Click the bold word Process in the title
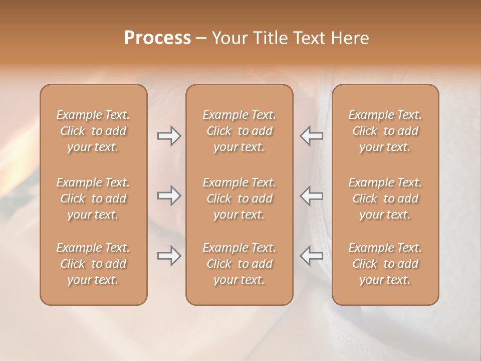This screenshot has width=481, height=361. tap(157, 38)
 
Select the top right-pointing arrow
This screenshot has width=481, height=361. tap(169, 136)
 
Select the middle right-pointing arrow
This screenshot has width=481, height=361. tap(169, 196)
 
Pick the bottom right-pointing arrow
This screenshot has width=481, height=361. tap(169, 256)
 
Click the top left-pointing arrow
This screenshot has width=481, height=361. tap(312, 136)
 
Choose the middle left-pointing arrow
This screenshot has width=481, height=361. tap(312, 196)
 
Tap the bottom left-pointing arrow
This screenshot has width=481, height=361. tap(312, 256)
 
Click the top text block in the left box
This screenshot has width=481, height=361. tap(93, 131)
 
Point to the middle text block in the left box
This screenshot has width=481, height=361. tap(93, 199)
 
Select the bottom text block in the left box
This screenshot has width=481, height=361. tap(93, 264)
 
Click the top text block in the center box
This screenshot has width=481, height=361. tap(239, 131)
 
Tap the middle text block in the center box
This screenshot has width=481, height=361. tap(239, 199)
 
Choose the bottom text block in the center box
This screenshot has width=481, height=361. tap(239, 264)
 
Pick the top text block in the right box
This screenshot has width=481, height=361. tap(385, 131)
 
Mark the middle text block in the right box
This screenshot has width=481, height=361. tap(385, 199)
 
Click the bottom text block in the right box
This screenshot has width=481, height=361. tap(385, 264)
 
